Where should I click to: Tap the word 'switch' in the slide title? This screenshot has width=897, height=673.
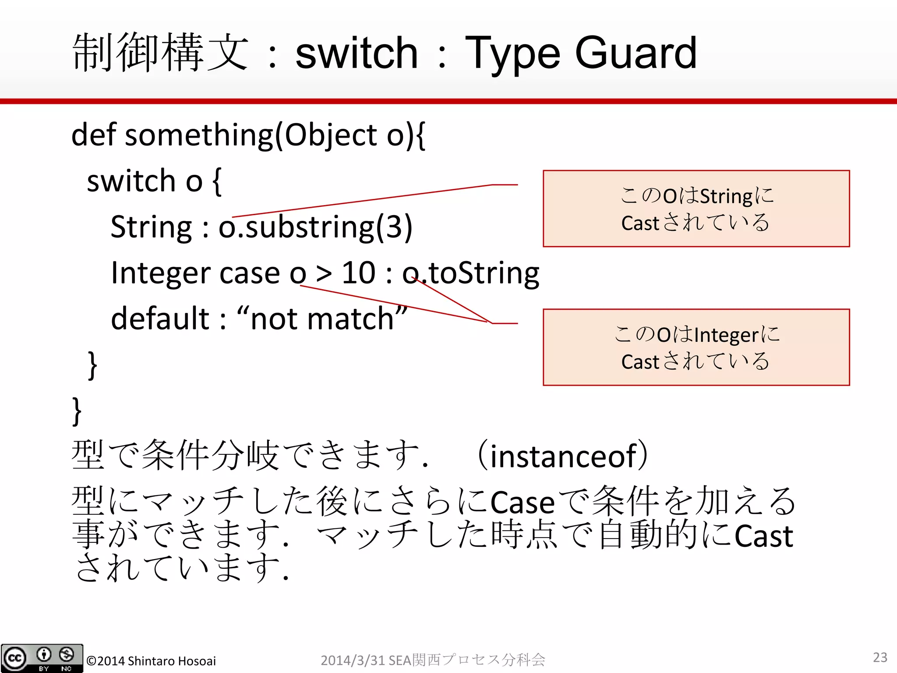[357, 53]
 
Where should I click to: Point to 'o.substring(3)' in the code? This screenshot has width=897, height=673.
[315, 227]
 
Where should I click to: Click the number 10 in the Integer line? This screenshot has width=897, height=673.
[358, 273]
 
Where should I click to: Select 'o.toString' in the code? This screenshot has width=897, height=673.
[471, 273]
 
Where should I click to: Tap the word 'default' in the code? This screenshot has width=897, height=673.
[160, 319]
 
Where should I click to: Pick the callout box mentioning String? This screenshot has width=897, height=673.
[696, 209]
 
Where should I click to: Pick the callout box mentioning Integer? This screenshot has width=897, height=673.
[696, 347]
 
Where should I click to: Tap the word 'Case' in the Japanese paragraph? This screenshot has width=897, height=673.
[522, 502]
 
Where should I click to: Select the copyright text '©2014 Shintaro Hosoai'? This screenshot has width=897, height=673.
[151, 661]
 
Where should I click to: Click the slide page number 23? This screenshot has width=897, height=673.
[880, 657]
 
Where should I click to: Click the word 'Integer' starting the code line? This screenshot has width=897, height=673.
[160, 273]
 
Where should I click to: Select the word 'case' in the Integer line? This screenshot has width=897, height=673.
[249, 273]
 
